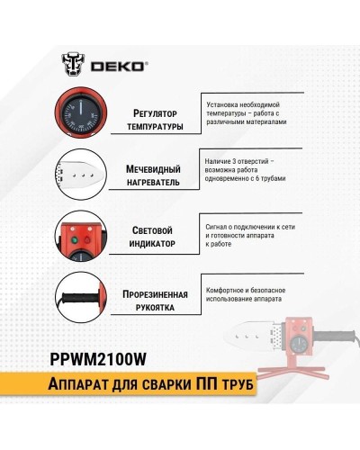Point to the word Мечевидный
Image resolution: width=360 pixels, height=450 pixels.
click(x=148, y=167)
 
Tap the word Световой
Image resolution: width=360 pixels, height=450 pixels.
click(x=148, y=229)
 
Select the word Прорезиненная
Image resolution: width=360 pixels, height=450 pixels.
click(x=148, y=293)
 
